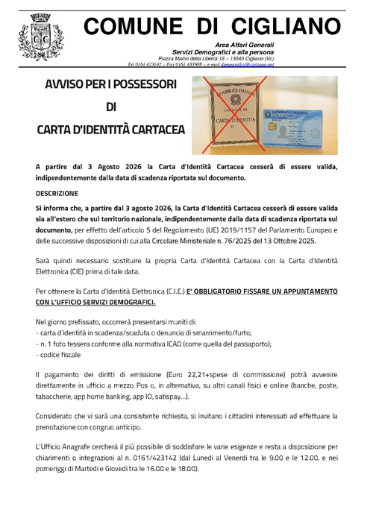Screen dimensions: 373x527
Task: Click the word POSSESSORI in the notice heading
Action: (x=143, y=84)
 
